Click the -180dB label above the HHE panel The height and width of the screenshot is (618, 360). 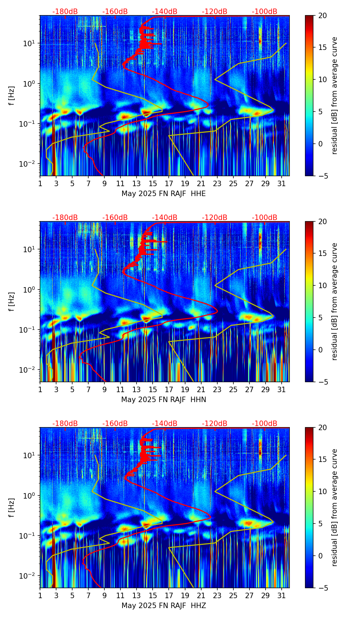(x=65, y=12)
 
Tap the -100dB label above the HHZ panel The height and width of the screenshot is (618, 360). (x=265, y=424)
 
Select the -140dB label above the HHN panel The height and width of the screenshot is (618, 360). (x=165, y=218)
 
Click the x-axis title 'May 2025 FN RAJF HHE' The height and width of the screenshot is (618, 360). (x=164, y=194)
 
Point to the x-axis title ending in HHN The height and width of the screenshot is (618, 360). (x=164, y=400)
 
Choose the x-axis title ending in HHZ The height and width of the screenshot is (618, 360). (x=164, y=606)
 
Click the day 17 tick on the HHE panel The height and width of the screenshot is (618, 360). (x=169, y=183)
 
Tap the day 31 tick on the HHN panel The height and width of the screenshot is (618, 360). (x=282, y=389)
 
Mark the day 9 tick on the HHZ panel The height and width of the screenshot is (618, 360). (x=104, y=595)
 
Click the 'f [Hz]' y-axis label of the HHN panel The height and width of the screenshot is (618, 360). (x=12, y=301)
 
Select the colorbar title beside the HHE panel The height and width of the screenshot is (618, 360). (x=335, y=95)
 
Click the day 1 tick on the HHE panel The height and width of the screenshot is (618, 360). (x=40, y=183)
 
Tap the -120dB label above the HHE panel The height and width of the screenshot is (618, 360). (x=215, y=12)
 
